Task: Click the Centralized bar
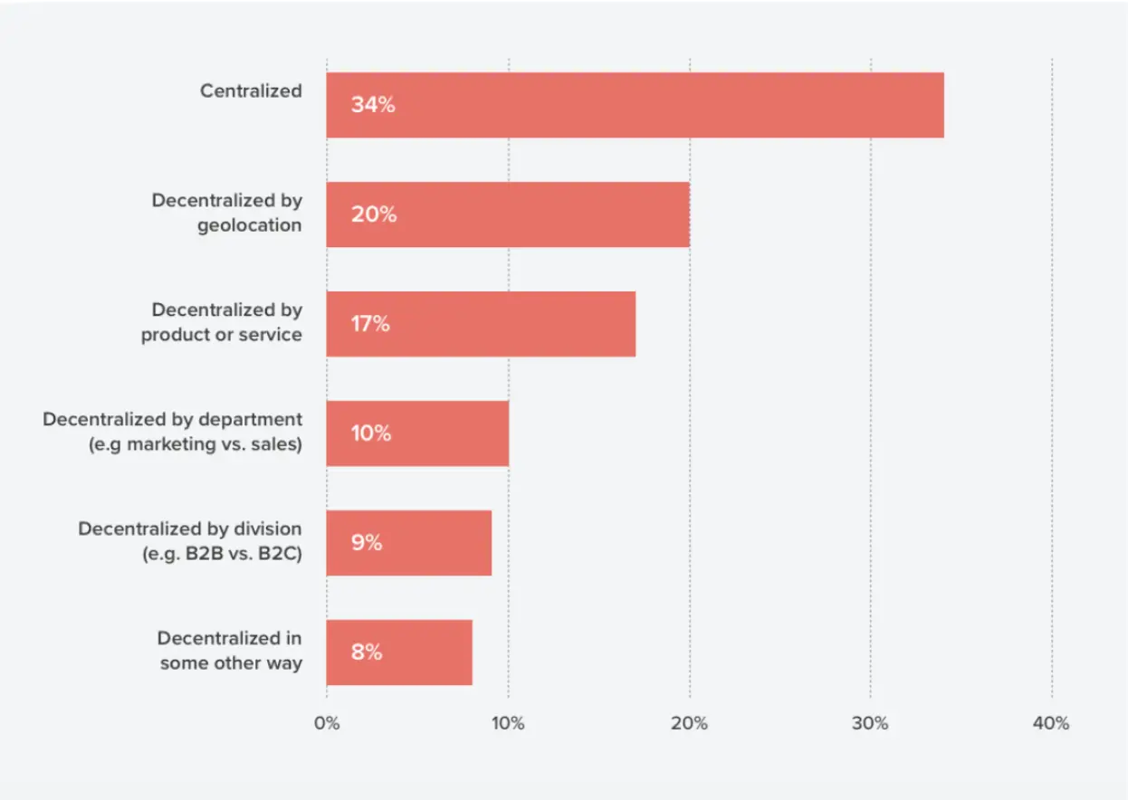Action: (x=634, y=105)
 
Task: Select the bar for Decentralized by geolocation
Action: (x=507, y=214)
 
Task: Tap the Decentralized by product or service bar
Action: (x=480, y=324)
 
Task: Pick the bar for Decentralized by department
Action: (x=416, y=433)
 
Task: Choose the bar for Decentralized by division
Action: (x=408, y=543)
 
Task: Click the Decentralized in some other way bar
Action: (x=399, y=652)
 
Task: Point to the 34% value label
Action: (x=373, y=105)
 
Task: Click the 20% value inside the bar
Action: (x=373, y=214)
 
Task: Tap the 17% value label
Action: (x=370, y=324)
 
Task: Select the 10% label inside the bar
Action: (x=371, y=433)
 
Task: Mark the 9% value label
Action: (x=367, y=543)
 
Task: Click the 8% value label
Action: (x=367, y=652)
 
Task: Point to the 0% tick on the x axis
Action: (x=327, y=723)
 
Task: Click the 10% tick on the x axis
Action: (x=508, y=723)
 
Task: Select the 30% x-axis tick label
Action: (x=870, y=723)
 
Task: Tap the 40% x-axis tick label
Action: (x=1051, y=723)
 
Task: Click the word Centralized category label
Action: (x=251, y=90)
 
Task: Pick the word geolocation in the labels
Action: (x=250, y=225)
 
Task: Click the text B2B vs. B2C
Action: (x=230, y=554)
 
